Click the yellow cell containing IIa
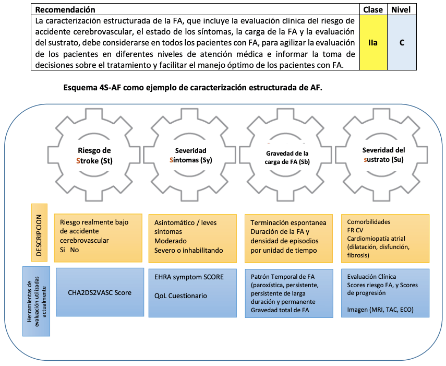(372, 42)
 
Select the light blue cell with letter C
(402, 42)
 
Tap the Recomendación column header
(65, 9)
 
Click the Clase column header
(372, 9)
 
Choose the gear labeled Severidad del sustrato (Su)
(383, 154)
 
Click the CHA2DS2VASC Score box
(100, 293)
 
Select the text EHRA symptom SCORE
(189, 277)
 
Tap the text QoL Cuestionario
(180, 296)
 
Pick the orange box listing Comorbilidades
(385, 238)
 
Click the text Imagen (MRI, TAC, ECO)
(380, 310)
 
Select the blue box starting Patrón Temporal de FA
(288, 293)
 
